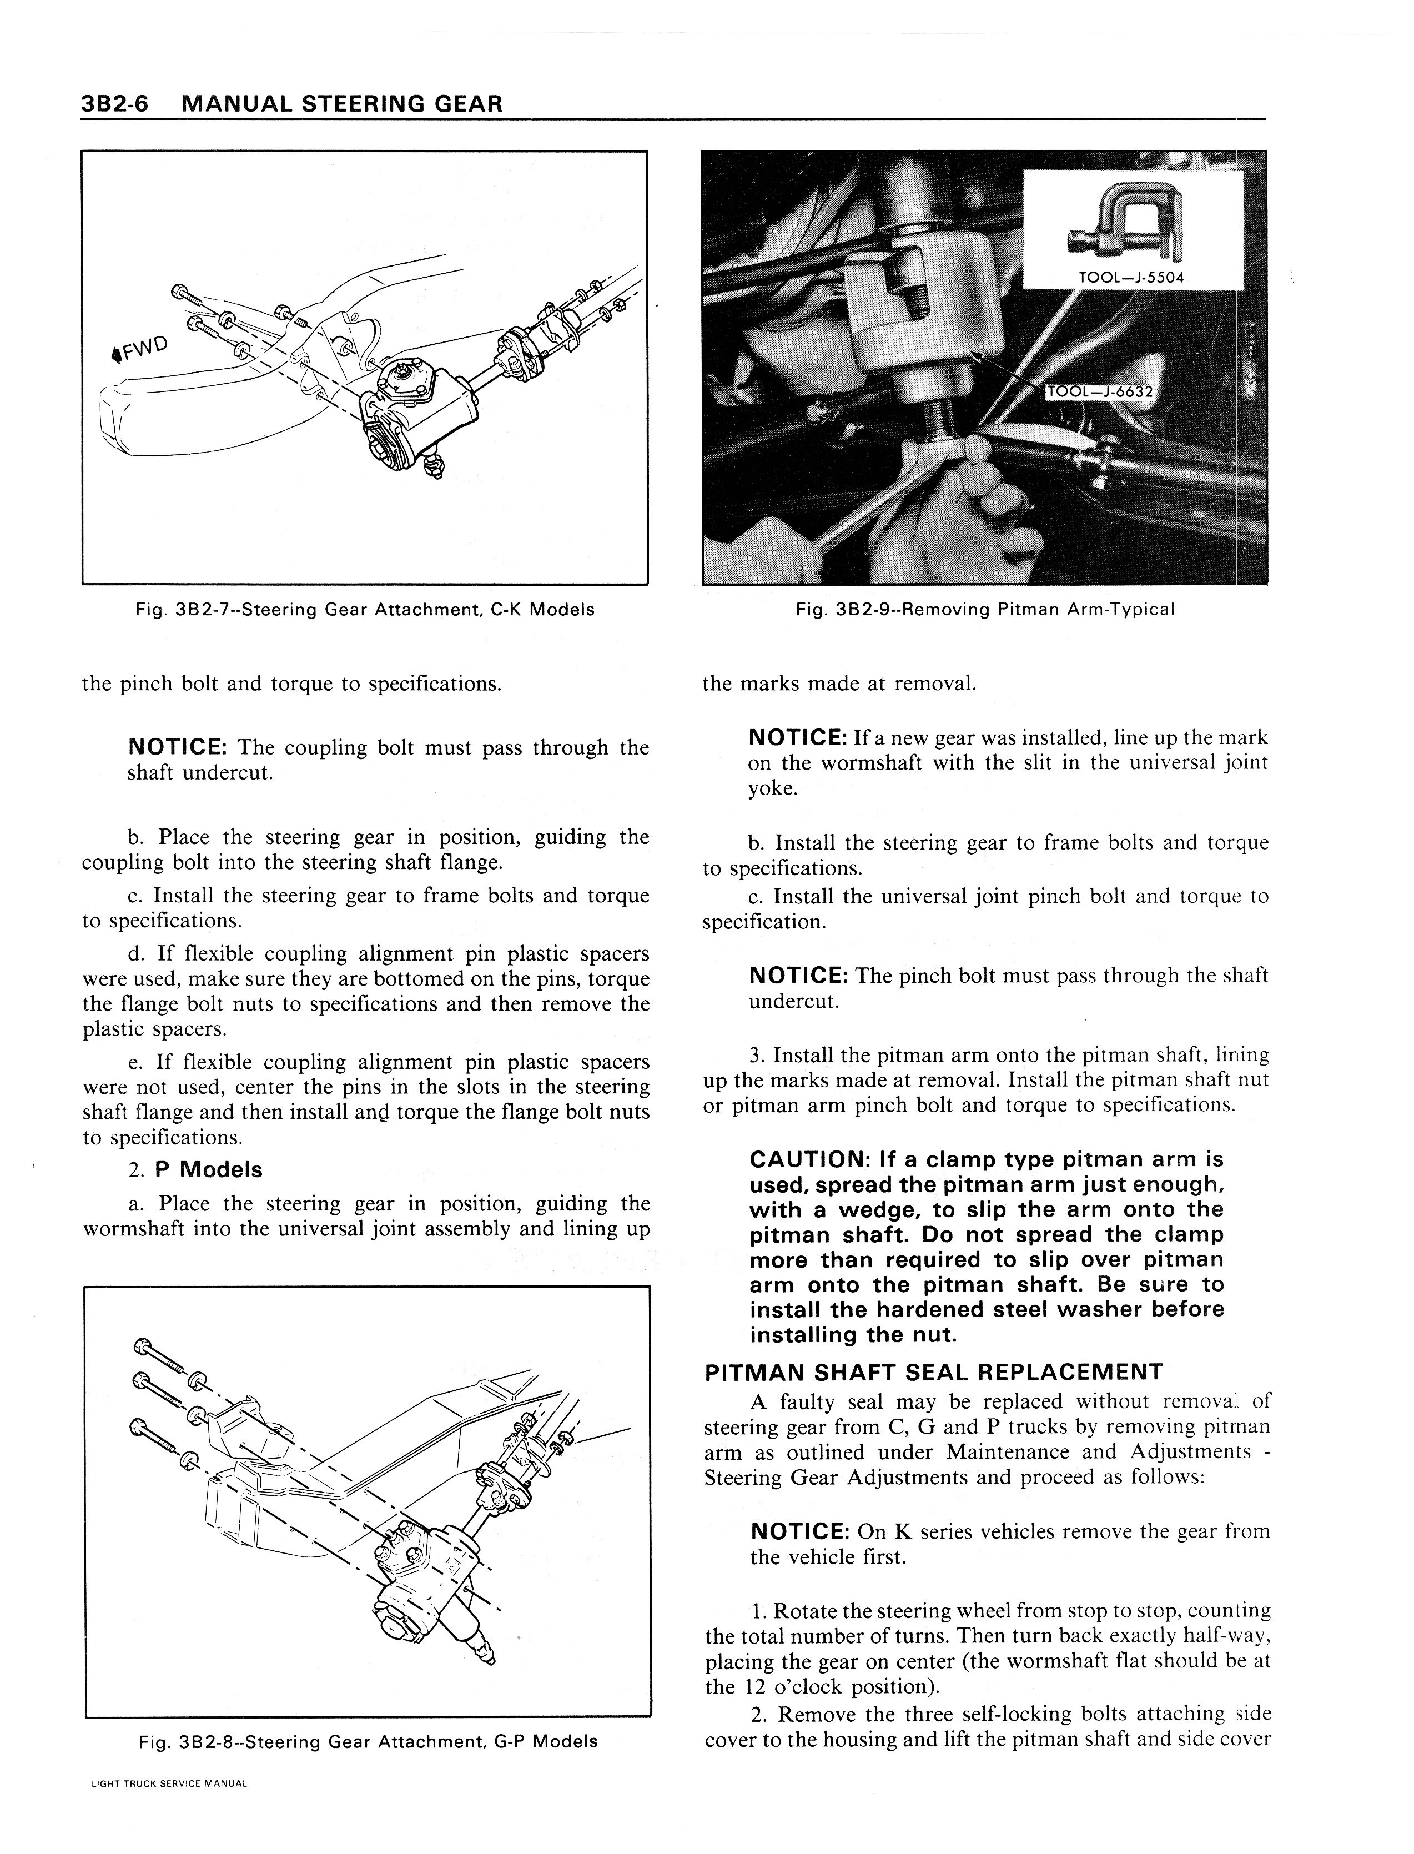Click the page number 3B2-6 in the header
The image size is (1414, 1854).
[116, 104]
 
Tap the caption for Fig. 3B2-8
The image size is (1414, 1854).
[368, 1741]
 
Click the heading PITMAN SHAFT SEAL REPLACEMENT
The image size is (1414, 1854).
[933, 1373]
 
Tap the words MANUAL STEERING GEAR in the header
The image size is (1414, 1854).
[342, 104]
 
